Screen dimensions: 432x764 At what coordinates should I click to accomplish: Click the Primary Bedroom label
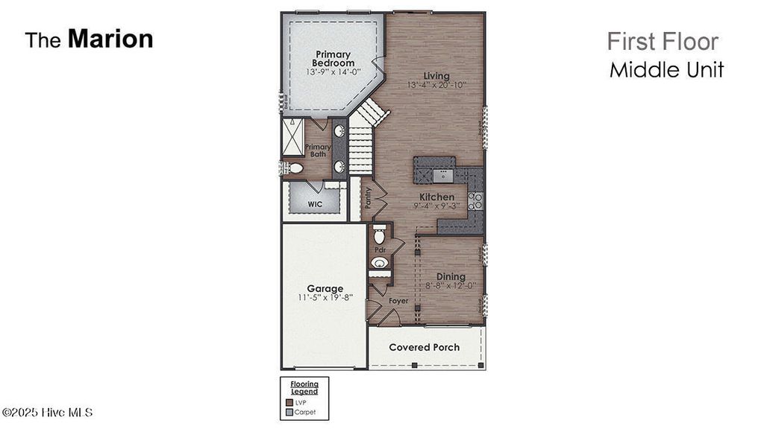click(334, 59)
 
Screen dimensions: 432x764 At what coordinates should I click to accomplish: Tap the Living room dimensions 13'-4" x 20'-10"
click(436, 86)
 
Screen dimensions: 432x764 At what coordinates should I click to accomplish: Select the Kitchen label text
click(436, 197)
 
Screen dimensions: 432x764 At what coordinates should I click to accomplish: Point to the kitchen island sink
click(443, 175)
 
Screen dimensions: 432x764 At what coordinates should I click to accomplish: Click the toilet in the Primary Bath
click(295, 168)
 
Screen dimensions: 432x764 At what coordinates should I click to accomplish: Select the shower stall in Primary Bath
click(292, 136)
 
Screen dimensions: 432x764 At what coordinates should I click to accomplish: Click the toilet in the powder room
click(379, 236)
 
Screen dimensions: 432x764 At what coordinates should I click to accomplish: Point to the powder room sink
click(379, 263)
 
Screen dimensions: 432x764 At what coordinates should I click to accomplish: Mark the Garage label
click(325, 288)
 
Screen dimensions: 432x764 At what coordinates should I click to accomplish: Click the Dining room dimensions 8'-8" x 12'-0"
click(451, 286)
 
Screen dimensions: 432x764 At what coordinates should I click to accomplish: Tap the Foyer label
click(398, 301)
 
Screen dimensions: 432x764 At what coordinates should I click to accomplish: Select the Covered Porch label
click(424, 347)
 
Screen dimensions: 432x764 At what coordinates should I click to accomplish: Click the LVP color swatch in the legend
click(290, 401)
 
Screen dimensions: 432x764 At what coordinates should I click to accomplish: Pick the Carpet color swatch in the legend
click(290, 410)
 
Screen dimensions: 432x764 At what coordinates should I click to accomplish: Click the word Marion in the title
click(110, 39)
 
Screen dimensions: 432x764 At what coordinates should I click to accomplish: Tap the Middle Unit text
click(666, 70)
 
